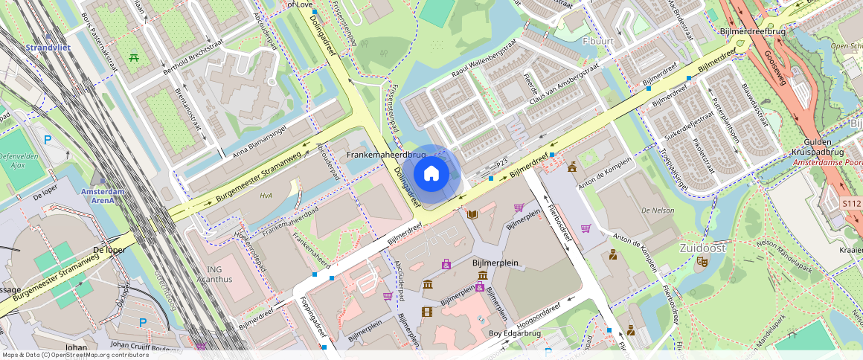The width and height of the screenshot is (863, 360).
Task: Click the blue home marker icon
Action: point(431,174)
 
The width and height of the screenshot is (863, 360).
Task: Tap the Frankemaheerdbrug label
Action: point(386,155)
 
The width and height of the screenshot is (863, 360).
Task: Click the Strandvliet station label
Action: point(48,48)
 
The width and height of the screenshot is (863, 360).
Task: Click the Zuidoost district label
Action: point(702,248)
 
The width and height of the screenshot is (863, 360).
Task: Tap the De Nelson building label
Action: point(657,210)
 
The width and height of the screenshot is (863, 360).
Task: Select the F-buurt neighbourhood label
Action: point(597,41)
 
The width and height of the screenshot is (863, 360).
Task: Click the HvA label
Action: point(266,196)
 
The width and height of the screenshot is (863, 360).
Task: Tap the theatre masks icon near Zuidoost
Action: point(702,262)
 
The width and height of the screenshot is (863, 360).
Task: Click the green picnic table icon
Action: point(135,56)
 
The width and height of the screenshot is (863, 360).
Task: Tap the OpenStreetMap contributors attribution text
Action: point(74,355)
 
